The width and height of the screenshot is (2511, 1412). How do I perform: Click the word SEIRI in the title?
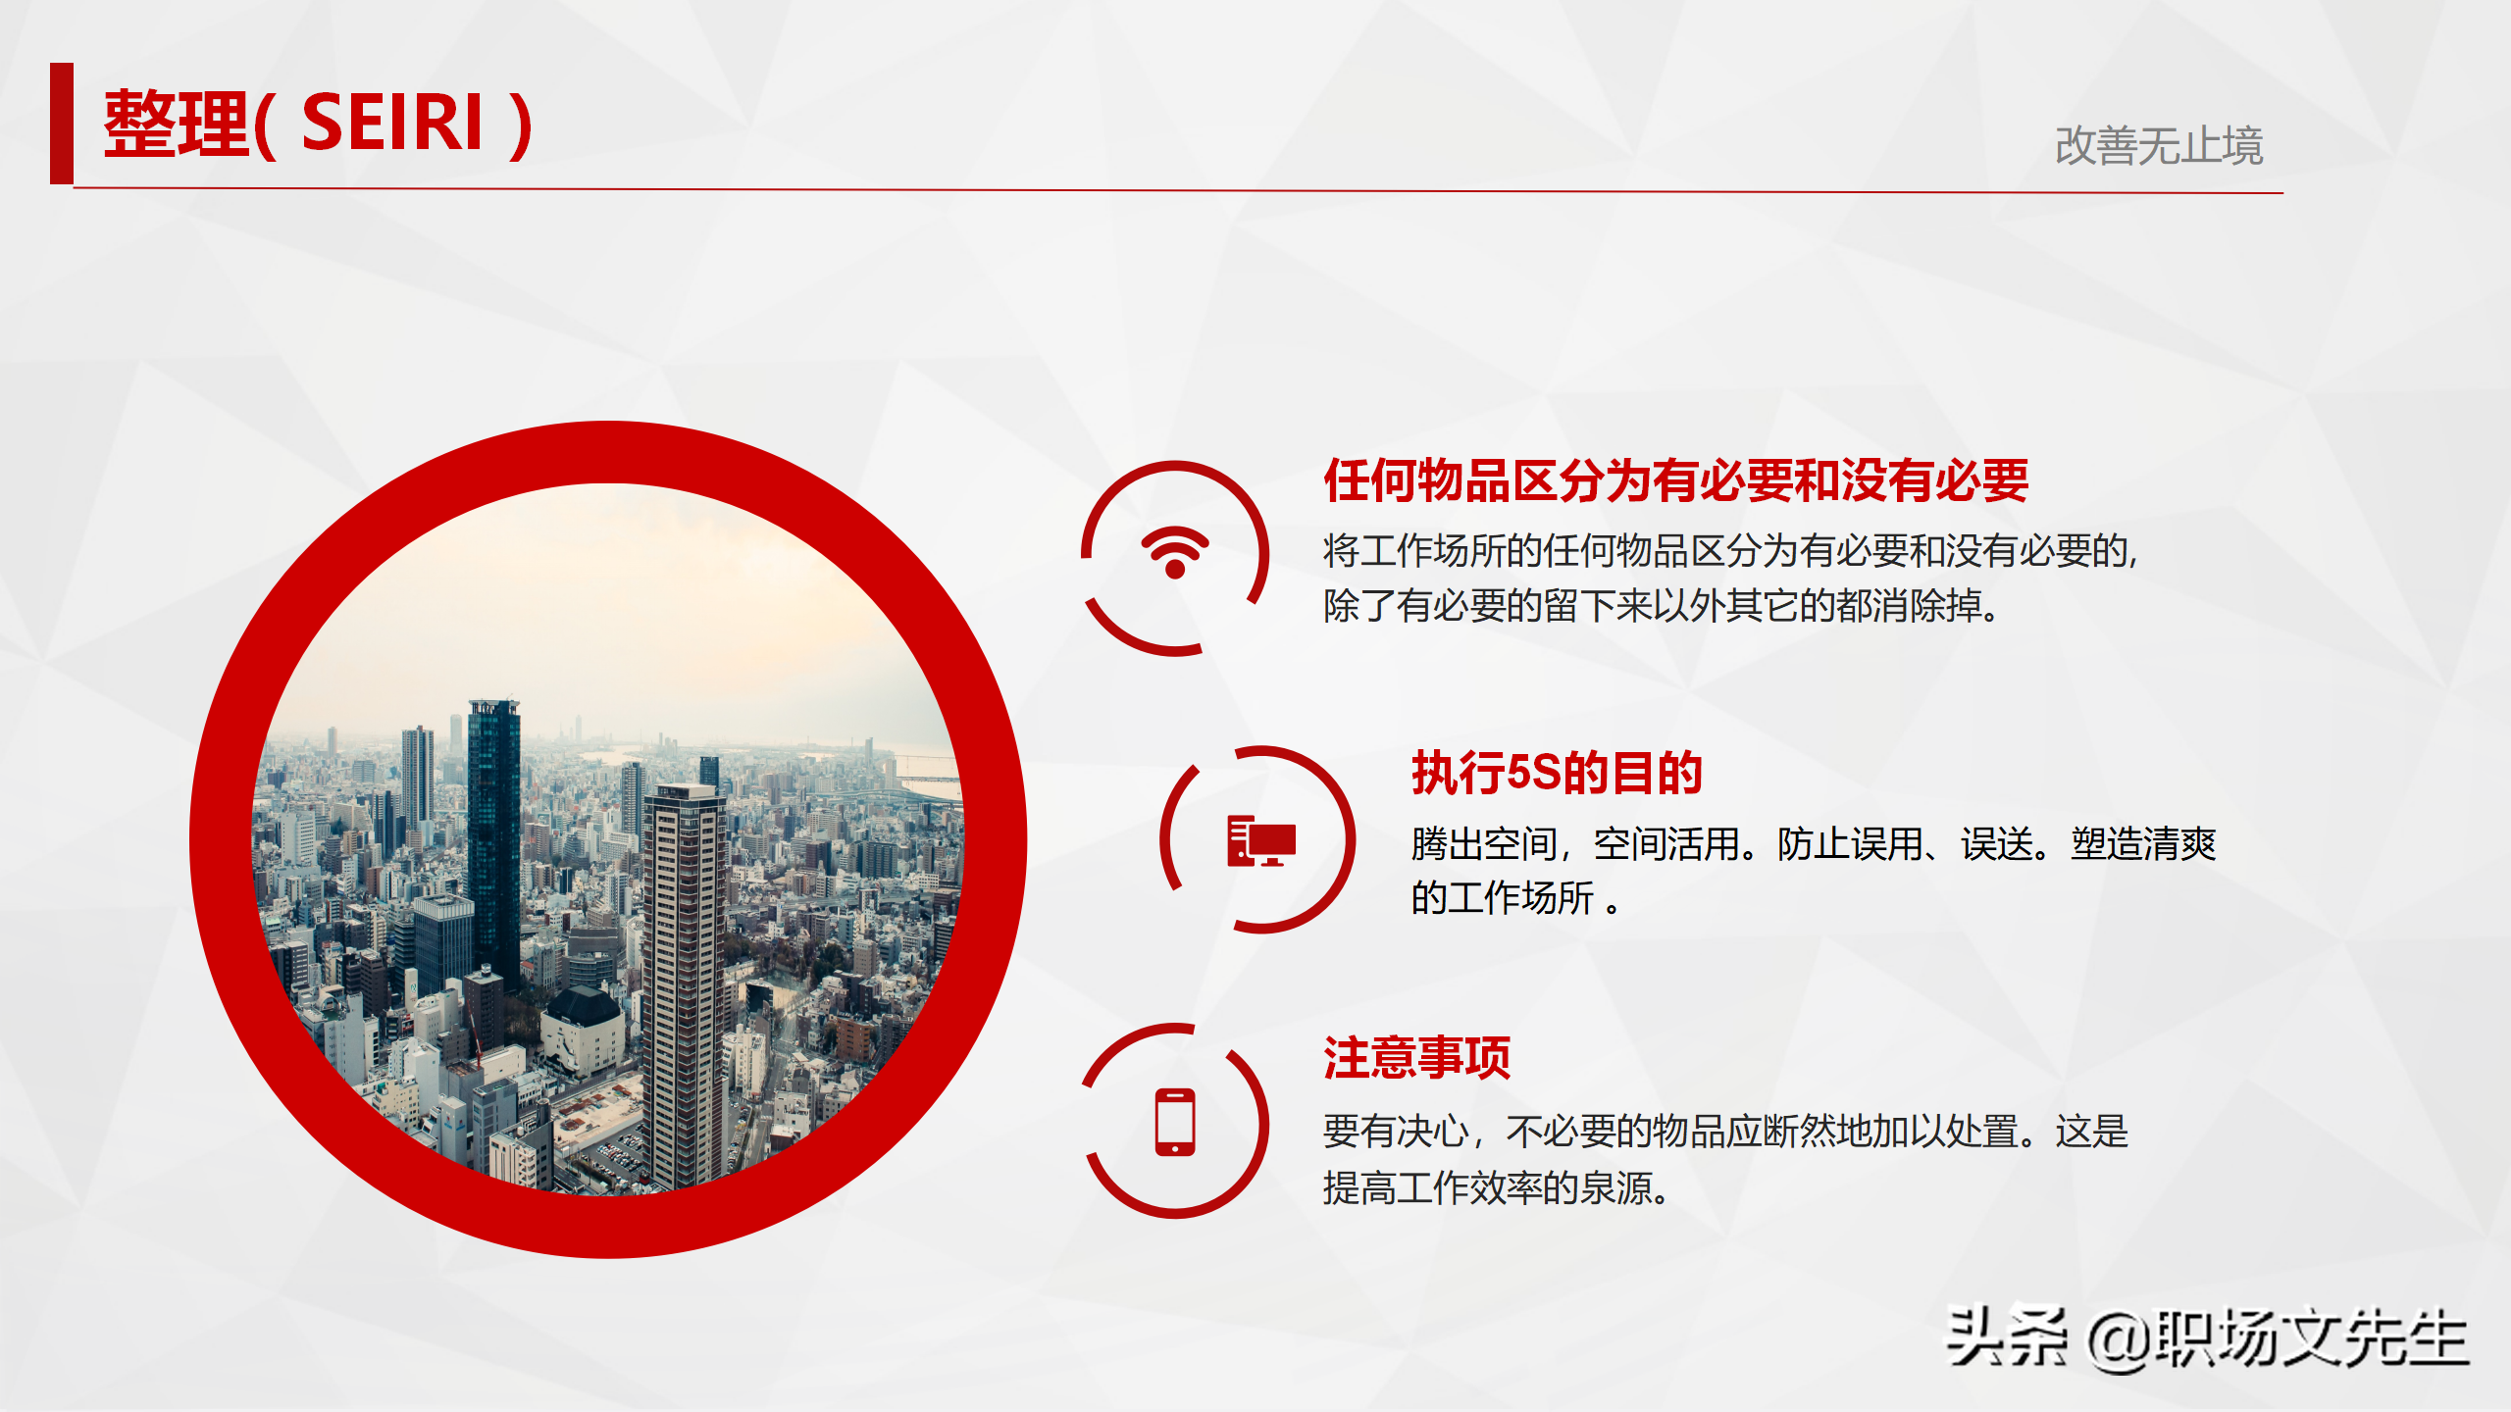pyautogui.click(x=392, y=124)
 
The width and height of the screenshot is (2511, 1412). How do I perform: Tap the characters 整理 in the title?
pyautogui.click(x=177, y=124)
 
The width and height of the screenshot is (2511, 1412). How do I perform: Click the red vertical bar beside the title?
pyautogui.click(x=62, y=124)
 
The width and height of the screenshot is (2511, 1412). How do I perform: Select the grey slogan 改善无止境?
pyautogui.click(x=2158, y=146)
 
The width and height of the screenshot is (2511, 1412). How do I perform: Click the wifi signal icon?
pyautogui.click(x=1174, y=553)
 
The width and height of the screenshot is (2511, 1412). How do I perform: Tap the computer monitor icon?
pyautogui.click(x=1261, y=840)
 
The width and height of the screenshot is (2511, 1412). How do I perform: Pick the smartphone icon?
pyautogui.click(x=1174, y=1122)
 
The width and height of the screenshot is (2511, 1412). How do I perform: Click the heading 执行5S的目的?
pyautogui.click(x=1557, y=773)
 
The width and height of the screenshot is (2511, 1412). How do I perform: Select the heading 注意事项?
pyautogui.click(x=1416, y=1058)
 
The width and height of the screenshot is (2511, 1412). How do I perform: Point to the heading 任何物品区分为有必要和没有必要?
pyautogui.click(x=1675, y=480)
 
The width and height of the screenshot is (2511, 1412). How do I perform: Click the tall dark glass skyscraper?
pyautogui.click(x=493, y=833)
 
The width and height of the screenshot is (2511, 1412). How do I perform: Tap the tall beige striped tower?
pyautogui.click(x=686, y=981)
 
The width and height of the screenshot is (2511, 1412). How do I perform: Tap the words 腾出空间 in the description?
pyautogui.click(x=1484, y=843)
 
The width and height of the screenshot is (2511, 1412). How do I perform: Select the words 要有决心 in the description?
pyautogui.click(x=1395, y=1132)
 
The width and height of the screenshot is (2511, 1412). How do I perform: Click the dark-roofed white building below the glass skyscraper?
pyautogui.click(x=583, y=1030)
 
